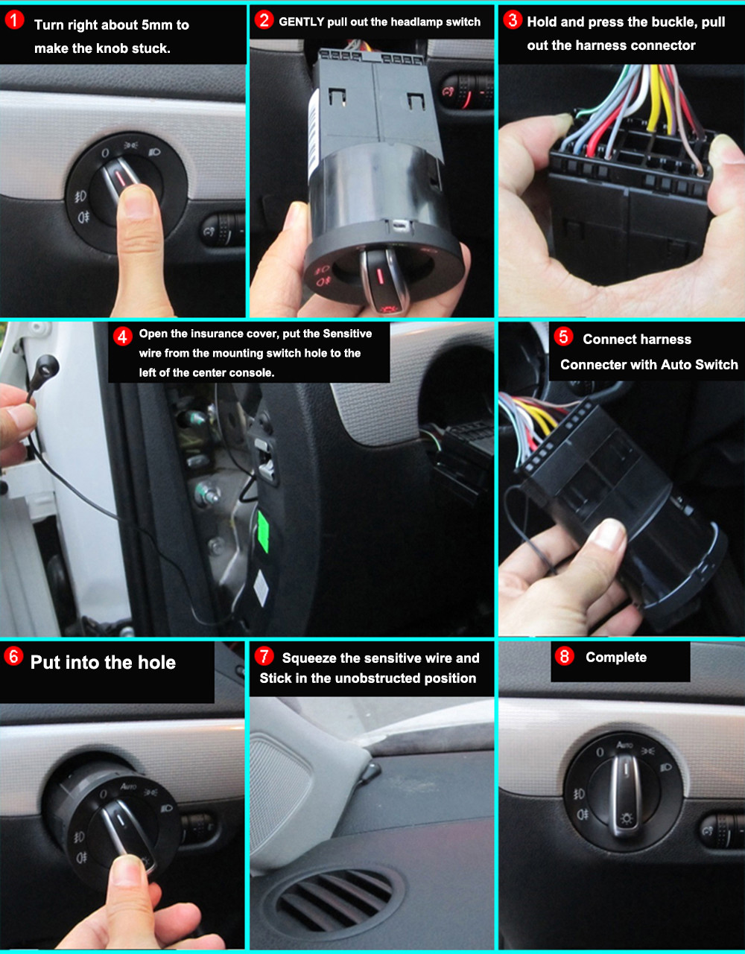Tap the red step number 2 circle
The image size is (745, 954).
[264, 20]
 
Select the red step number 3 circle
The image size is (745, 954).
[513, 20]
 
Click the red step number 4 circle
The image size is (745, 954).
[123, 336]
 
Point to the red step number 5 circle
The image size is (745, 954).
[564, 337]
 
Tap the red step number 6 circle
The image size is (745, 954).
[13, 656]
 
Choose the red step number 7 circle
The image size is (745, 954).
[264, 656]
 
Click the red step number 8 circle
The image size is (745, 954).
[565, 656]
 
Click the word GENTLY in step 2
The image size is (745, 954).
[301, 22]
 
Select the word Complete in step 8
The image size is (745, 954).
[616, 657]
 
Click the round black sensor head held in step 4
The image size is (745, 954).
[48, 366]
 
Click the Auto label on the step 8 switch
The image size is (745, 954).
[624, 745]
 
